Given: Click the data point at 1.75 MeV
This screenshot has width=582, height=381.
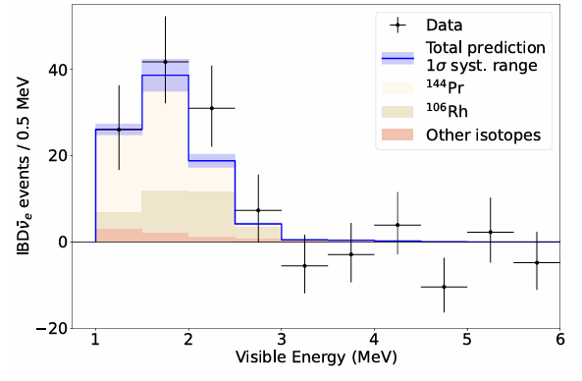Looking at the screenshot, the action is [166, 62].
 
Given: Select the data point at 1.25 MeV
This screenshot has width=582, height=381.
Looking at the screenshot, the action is [119, 130].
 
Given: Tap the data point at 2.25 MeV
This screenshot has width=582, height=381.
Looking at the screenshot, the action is [212, 108].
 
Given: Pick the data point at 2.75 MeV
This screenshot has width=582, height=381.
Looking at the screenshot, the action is [258, 210].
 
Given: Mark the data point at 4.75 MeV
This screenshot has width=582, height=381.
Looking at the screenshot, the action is [444, 287].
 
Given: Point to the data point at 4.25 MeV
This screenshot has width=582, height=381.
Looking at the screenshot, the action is [397, 225].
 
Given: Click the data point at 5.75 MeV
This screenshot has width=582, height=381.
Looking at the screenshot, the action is [537, 262].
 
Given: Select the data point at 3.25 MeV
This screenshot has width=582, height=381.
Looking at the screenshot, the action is [304, 265].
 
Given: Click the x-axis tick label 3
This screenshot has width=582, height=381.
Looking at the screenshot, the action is [282, 340].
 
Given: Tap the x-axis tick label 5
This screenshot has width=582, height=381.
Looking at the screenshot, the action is [467, 340].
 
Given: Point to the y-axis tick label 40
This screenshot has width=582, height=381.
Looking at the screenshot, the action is [58, 70].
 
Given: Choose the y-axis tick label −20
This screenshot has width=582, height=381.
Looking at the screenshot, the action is [51, 329].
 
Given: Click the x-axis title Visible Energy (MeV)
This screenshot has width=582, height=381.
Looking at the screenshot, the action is [316, 357].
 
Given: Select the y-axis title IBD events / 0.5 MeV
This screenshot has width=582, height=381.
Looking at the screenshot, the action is [24, 166].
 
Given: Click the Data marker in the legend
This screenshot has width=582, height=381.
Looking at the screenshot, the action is [397, 26].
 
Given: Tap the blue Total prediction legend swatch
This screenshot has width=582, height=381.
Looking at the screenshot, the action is [397, 58].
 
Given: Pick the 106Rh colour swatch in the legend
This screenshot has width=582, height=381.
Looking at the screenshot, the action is [397, 112].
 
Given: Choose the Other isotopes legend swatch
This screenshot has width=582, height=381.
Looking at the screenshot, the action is [397, 135].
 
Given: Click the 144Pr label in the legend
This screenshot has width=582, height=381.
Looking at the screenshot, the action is [445, 87].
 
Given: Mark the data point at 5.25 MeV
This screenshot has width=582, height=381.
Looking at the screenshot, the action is [491, 232].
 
